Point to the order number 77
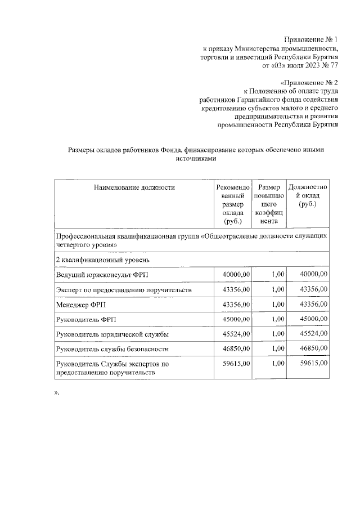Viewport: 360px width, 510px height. (334, 65)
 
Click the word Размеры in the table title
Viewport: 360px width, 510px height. (83, 150)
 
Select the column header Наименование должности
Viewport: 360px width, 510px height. (134, 187)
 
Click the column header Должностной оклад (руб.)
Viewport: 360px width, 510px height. (308, 196)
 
